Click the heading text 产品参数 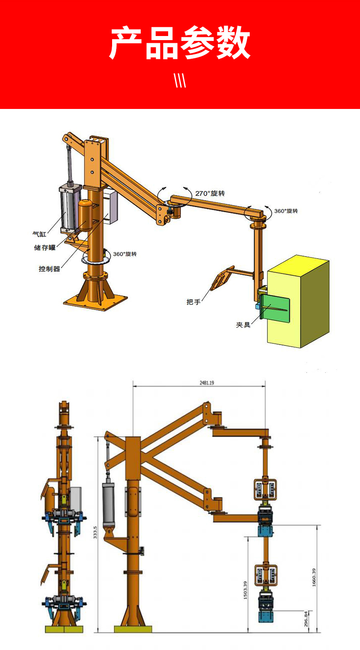pos(180,42)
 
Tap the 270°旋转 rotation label pos(210,193)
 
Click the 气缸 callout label pos(40,233)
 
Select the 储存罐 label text pos(45,248)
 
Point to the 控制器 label pos(49,268)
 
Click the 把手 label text pos(194,302)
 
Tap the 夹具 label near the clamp pos(243,325)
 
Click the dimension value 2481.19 pos(207,383)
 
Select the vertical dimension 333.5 pos(95,532)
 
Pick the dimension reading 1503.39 pos(246,590)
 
